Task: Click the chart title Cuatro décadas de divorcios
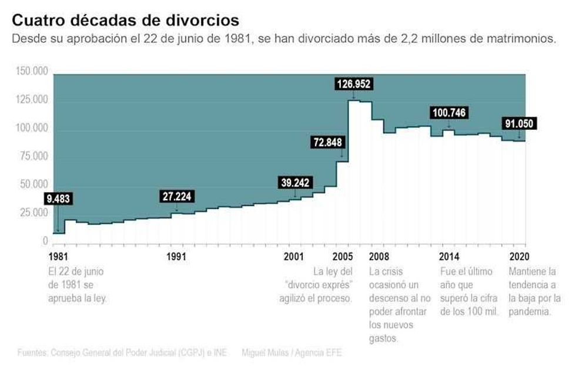pos(125,21)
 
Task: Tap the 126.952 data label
pos(353,84)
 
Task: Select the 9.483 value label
pos(58,198)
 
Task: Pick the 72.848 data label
pos(327,143)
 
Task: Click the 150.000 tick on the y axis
pos(32,72)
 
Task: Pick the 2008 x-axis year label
pos(380,257)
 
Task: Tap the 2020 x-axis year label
pos(520,257)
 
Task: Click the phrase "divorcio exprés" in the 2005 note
pos(319,285)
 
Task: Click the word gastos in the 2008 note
pos(383,338)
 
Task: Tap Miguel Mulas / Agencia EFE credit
pos(291,353)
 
